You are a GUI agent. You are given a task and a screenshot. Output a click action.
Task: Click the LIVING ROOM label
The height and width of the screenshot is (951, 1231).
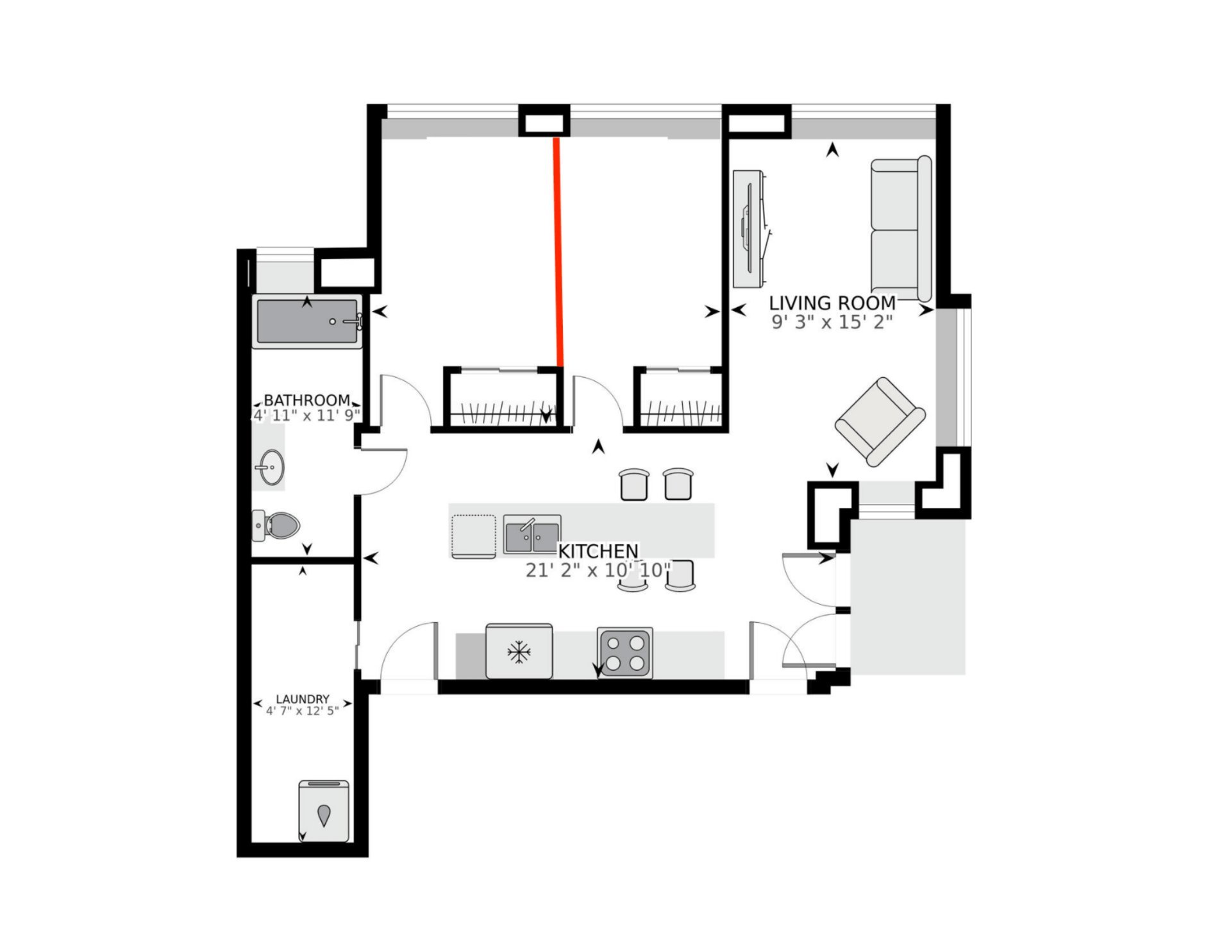[832, 303]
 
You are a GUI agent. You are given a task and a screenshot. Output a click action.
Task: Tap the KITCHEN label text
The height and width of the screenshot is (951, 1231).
[598, 551]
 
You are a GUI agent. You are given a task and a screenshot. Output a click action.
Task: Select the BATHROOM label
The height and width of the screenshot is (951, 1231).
[307, 400]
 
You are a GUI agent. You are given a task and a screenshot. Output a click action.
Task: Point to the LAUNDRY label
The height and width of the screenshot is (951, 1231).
[303, 699]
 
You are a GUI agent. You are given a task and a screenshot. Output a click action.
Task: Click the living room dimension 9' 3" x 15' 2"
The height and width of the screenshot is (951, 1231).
[832, 322]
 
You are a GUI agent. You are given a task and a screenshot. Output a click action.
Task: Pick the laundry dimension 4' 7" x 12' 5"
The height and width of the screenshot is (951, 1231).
[303, 711]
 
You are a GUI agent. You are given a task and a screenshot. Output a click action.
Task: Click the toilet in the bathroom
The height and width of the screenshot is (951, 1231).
[276, 526]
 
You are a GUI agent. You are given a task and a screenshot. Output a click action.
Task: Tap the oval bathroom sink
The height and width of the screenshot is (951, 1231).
[271, 467]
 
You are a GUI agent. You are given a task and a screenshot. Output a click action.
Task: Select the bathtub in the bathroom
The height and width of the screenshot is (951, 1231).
[308, 321]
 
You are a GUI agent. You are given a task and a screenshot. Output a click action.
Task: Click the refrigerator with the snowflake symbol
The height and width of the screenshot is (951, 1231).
[519, 651]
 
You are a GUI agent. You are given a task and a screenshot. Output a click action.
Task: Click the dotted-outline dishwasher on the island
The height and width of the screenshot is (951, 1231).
[474, 536]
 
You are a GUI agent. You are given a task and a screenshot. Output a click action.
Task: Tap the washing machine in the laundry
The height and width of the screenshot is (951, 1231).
[324, 811]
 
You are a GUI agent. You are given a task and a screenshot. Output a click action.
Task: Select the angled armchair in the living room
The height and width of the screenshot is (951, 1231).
[880, 421]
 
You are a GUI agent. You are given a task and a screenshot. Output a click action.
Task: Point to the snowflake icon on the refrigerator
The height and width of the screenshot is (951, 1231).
[519, 653]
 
